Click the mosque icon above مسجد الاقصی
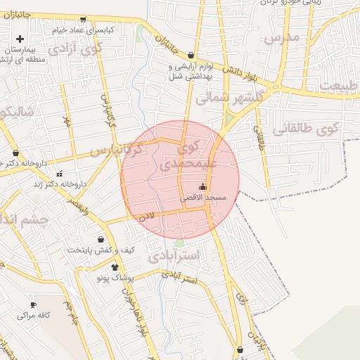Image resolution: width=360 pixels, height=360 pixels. tap(203, 187)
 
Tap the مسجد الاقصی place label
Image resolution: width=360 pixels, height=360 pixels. tap(203, 198)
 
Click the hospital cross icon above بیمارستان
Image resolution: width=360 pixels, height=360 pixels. tap(20, 39)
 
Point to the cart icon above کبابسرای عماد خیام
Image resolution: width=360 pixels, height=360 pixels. tap(84, 20)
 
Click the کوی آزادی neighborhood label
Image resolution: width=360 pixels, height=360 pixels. tap(91, 49)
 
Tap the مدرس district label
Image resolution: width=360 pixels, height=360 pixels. tap(281, 37)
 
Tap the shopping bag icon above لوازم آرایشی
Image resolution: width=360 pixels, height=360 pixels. tap(191, 55)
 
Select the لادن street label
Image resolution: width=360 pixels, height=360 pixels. tap(146, 218)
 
